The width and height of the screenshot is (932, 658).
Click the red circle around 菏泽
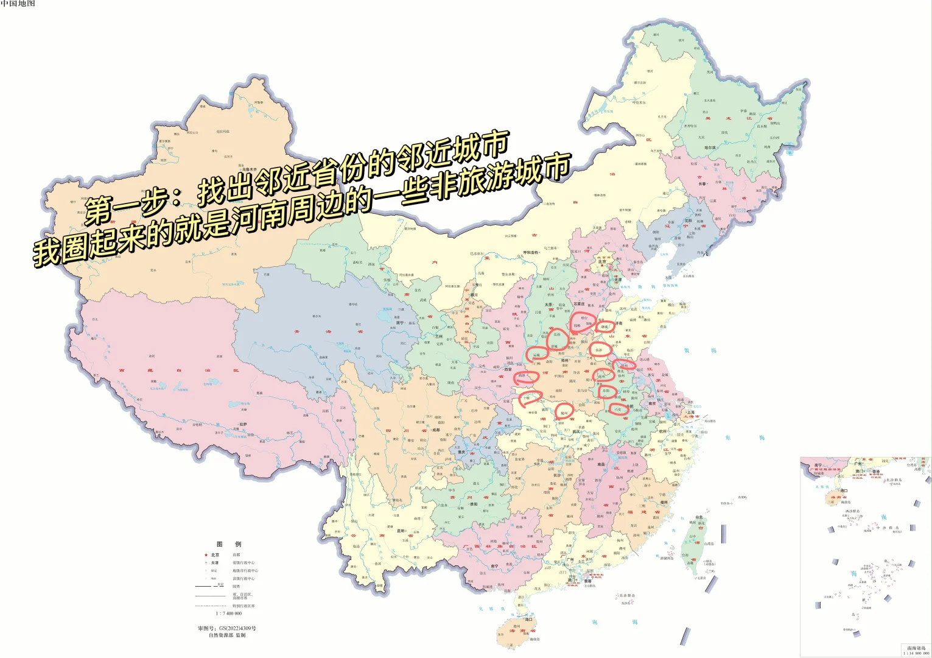599,349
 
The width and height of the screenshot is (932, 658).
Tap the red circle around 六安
618,409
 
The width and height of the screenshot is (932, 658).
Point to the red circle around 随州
564,412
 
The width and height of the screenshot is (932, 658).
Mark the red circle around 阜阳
606,391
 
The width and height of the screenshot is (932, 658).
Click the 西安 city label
507,369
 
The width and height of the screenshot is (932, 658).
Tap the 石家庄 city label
578,303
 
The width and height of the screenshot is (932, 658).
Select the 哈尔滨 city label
710,147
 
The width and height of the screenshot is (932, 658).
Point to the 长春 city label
702,183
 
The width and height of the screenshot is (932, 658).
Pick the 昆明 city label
401,531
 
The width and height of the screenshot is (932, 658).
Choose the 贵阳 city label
474,504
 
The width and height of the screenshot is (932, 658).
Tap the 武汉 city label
576,431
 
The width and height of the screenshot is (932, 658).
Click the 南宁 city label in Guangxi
495,566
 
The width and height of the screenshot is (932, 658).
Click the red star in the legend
206,555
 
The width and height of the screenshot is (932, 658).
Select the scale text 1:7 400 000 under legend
229,614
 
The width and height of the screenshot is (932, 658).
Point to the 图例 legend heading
229,544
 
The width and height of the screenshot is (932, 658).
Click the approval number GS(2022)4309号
227,628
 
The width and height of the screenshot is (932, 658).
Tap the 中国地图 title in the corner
18,4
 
